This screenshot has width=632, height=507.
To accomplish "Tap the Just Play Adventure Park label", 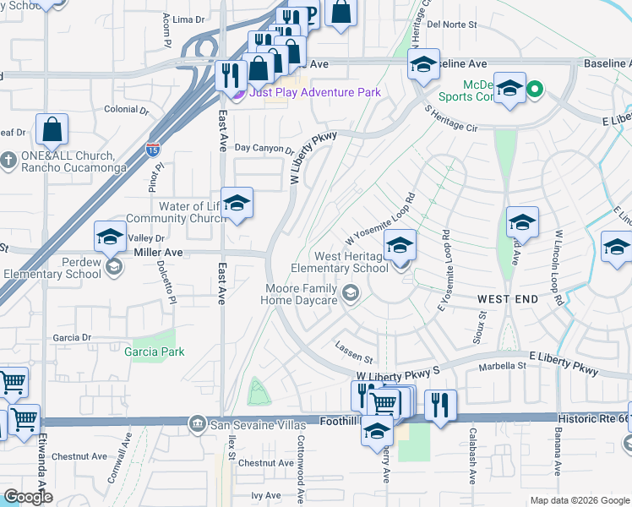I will [314, 92].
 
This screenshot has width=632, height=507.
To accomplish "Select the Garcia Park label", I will [152, 351].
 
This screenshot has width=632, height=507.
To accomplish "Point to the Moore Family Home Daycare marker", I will [351, 292].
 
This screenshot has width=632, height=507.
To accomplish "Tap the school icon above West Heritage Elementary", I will [400, 246].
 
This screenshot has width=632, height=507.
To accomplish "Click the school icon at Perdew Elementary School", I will [110, 237].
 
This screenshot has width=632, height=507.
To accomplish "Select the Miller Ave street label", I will [157, 252].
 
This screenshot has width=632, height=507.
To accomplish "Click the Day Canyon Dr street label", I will [264, 150].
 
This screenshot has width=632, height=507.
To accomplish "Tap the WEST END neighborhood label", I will [507, 300].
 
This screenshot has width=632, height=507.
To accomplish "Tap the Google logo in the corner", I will [28, 497].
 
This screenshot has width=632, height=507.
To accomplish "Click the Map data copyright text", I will [580, 500].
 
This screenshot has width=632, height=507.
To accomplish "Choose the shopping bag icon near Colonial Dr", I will [52, 130].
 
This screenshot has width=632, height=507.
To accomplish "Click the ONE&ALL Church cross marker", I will [8, 160].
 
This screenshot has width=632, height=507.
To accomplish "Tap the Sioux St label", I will [482, 324].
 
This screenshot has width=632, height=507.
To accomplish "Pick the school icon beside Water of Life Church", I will [237, 204].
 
